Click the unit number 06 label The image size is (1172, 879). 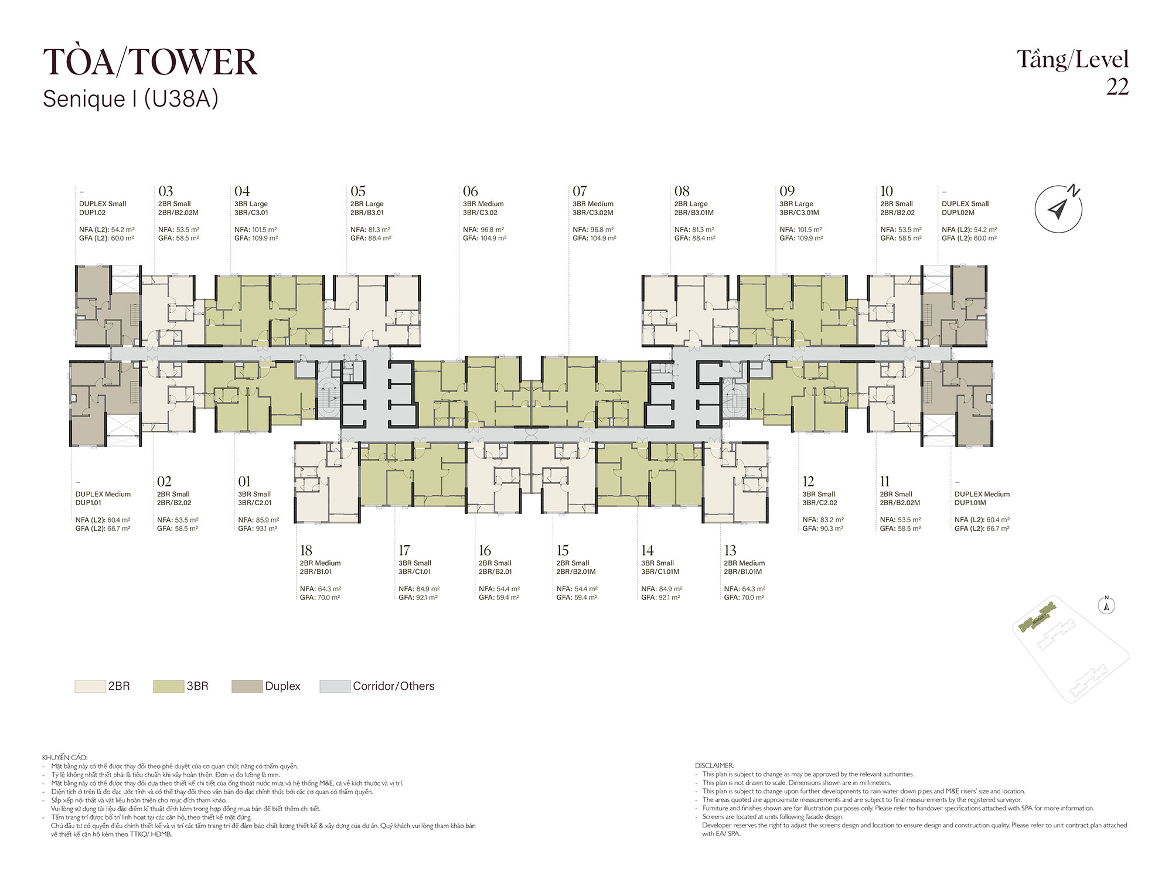pyautogui.click(x=470, y=191)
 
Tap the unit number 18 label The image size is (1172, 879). pyautogui.click(x=306, y=550)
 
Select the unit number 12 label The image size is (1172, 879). pyautogui.click(x=808, y=481)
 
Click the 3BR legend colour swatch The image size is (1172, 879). pyautogui.click(x=168, y=686)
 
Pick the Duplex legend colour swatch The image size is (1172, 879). pyautogui.click(x=247, y=686)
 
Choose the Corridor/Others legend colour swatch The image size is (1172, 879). pyautogui.click(x=335, y=686)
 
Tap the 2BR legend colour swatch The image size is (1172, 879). pyautogui.click(x=90, y=686)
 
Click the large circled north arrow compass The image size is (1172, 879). pyautogui.click(x=1058, y=209)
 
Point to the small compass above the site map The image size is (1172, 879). pyautogui.click(x=1106, y=605)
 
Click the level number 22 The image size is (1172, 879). pyautogui.click(x=1117, y=87)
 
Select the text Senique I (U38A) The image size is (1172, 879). pyautogui.click(x=130, y=98)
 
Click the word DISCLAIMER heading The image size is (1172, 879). pyautogui.click(x=714, y=765)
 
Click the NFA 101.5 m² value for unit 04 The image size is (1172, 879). pyautogui.click(x=255, y=230)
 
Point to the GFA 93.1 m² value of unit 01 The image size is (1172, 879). pyautogui.click(x=258, y=529)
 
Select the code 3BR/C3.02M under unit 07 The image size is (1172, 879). pyautogui.click(x=592, y=213)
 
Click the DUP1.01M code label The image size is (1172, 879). pyautogui.click(x=970, y=503)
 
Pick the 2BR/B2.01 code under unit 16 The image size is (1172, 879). pyautogui.click(x=495, y=571)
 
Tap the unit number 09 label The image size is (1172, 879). pyautogui.click(x=787, y=191)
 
